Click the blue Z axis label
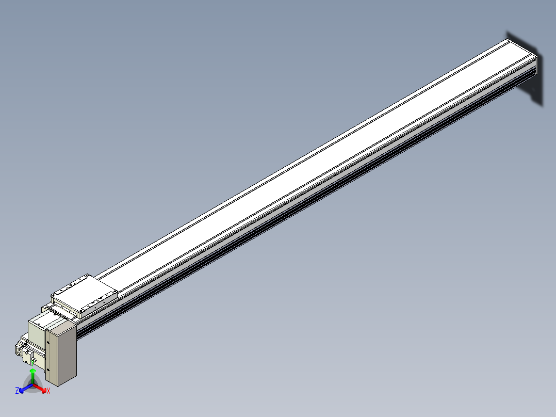coord(17,390)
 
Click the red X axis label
coord(48,391)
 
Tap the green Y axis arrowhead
coord(32,371)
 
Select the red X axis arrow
coord(40,388)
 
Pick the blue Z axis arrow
coord(26,388)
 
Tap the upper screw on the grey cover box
coord(48,342)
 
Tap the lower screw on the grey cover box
coord(48,370)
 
